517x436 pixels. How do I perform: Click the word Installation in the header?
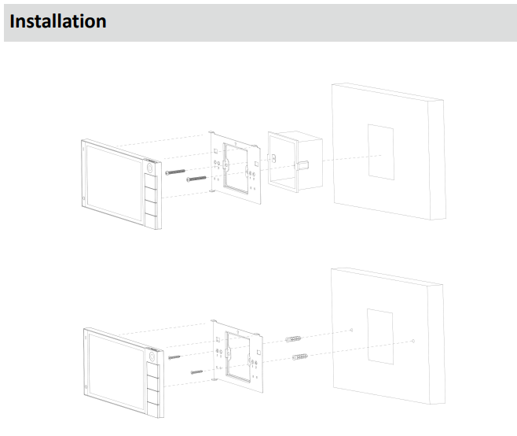58,21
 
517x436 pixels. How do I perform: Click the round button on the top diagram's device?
149,168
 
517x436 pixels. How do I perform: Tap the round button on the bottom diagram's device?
152,357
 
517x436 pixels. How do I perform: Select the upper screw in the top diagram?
175,172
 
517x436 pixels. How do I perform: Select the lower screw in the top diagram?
196,179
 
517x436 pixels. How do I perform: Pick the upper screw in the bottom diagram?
174,357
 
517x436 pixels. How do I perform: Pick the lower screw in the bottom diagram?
197,372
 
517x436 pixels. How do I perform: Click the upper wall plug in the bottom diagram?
293,339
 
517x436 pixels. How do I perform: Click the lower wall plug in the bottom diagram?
300,357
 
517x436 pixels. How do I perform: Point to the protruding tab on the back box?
302,165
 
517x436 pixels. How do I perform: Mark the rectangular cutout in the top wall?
381,152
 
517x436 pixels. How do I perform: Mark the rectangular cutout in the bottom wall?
380,337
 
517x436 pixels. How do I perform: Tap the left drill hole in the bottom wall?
351,330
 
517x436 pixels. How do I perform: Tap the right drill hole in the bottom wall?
413,341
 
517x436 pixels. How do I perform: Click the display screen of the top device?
114,183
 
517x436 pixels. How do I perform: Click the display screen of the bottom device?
116,371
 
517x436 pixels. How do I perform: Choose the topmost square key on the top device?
151,182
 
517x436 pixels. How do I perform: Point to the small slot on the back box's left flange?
273,158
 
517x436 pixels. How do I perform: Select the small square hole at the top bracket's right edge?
256,164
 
